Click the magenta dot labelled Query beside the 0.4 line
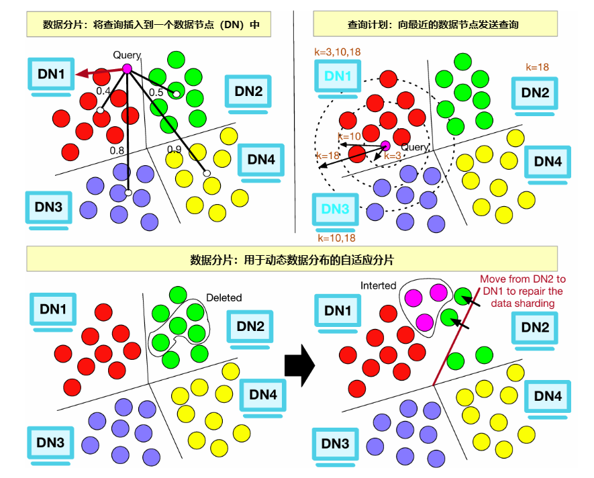tap(126, 68)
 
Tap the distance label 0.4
tap(103, 91)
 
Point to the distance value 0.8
tap(117, 151)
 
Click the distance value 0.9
tap(174, 149)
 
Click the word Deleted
tap(224, 297)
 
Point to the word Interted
tap(378, 285)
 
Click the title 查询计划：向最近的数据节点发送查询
tap(434, 25)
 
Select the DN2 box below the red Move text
tap(535, 328)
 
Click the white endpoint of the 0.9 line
tap(207, 175)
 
